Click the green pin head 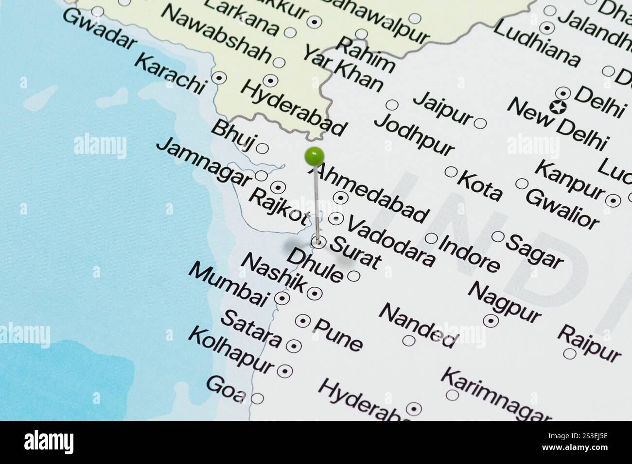click(x=314, y=156)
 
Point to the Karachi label click(x=169, y=74)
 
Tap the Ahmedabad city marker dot click(x=340, y=198)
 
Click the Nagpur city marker click(x=491, y=320)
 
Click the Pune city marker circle click(x=303, y=320)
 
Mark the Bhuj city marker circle click(x=262, y=148)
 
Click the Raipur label click(x=589, y=344)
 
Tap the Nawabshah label click(x=216, y=34)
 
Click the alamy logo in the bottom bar click(x=49, y=442)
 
